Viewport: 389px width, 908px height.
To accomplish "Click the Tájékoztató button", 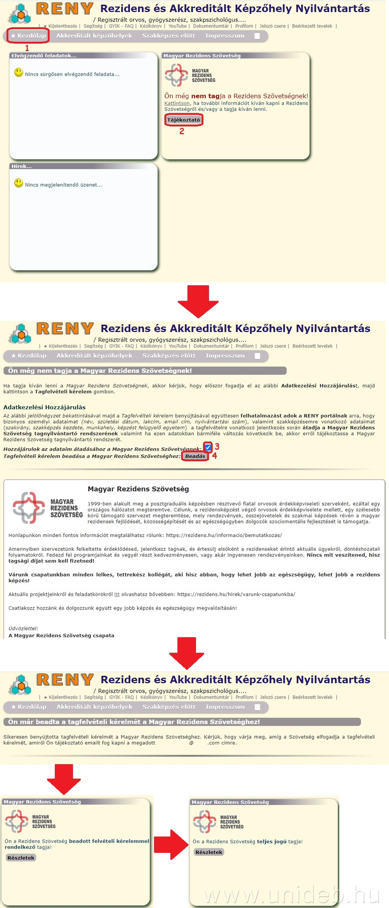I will [x=183, y=120].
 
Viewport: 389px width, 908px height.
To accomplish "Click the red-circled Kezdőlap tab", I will [x=28, y=36].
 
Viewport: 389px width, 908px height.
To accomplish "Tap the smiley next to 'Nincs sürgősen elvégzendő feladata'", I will [x=19, y=72].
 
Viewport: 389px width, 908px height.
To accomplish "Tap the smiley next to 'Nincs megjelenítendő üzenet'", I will [x=19, y=183].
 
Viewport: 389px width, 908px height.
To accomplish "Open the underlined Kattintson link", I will [x=177, y=103].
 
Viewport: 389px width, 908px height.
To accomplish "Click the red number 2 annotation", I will [x=182, y=131].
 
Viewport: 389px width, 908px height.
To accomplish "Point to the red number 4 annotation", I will [x=215, y=456].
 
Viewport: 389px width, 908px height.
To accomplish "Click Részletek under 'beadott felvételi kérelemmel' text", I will [x=21, y=858].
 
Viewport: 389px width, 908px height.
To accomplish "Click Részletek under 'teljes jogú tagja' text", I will [x=209, y=852].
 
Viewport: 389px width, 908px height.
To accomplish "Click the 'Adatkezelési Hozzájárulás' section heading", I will [x=44, y=407].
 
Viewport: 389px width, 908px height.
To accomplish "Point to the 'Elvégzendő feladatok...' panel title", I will [x=44, y=56].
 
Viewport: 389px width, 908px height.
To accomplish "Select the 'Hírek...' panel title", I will [x=22, y=166].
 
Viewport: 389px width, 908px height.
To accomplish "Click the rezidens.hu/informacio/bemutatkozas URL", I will [x=224, y=535].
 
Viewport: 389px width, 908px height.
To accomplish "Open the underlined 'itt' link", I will [x=117, y=594].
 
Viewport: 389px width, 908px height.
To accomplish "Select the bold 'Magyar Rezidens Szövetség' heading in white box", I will [x=138, y=489].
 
